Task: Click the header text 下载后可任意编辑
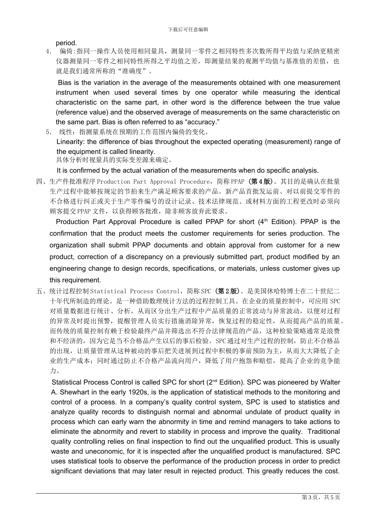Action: pos(188,29)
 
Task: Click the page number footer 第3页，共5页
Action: pos(321,498)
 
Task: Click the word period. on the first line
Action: pos(66,43)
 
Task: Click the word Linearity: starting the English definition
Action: pos(71,142)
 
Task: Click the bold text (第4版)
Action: pos(260,182)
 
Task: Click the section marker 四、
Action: pos(42,182)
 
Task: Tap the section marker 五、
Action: pos(42,291)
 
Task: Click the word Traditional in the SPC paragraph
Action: pos(323,431)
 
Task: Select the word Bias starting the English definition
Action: pos(65,83)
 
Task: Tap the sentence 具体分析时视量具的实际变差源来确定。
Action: pos(114,160)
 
